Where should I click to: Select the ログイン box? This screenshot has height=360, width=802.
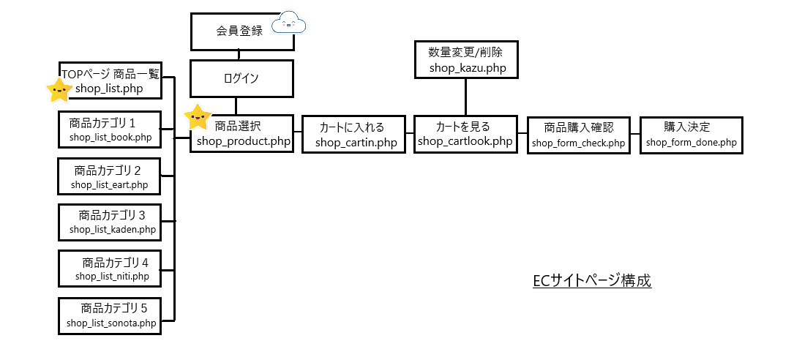[x=241, y=78]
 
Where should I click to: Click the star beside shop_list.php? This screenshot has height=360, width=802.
[x=59, y=90]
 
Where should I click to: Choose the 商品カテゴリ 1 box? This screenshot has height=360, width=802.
[x=111, y=130]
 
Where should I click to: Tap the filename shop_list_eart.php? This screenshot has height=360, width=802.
[x=110, y=184]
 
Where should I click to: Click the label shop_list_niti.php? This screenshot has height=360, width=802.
[x=112, y=276]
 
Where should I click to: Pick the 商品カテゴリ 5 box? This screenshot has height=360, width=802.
[x=111, y=315]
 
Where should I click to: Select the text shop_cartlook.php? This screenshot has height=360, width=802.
[x=465, y=141]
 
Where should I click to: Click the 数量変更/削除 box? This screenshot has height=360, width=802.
[x=465, y=60]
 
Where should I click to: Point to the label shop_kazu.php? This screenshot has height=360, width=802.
[x=465, y=69]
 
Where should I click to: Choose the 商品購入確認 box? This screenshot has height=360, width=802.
[x=579, y=135]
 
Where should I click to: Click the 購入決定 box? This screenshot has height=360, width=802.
[x=691, y=135]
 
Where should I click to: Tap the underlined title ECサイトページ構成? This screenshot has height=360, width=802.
[x=592, y=281]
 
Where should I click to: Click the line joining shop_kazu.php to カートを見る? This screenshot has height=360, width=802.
[x=466, y=97]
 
